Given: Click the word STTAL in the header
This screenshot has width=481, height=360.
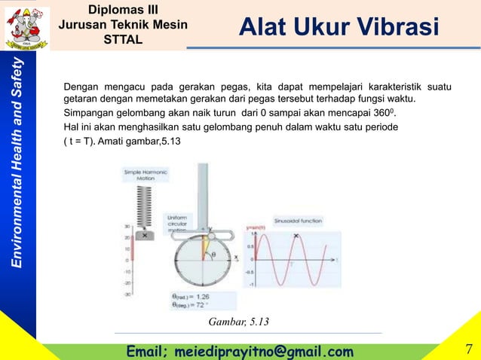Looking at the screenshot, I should coord(123,39).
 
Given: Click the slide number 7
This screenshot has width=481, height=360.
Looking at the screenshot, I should coord(469,349).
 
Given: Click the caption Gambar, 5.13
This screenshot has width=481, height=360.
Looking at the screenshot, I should coord(244,323).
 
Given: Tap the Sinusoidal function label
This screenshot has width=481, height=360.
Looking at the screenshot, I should coord(299,221).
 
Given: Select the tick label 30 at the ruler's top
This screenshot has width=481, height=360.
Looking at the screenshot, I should coord(127,224).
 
